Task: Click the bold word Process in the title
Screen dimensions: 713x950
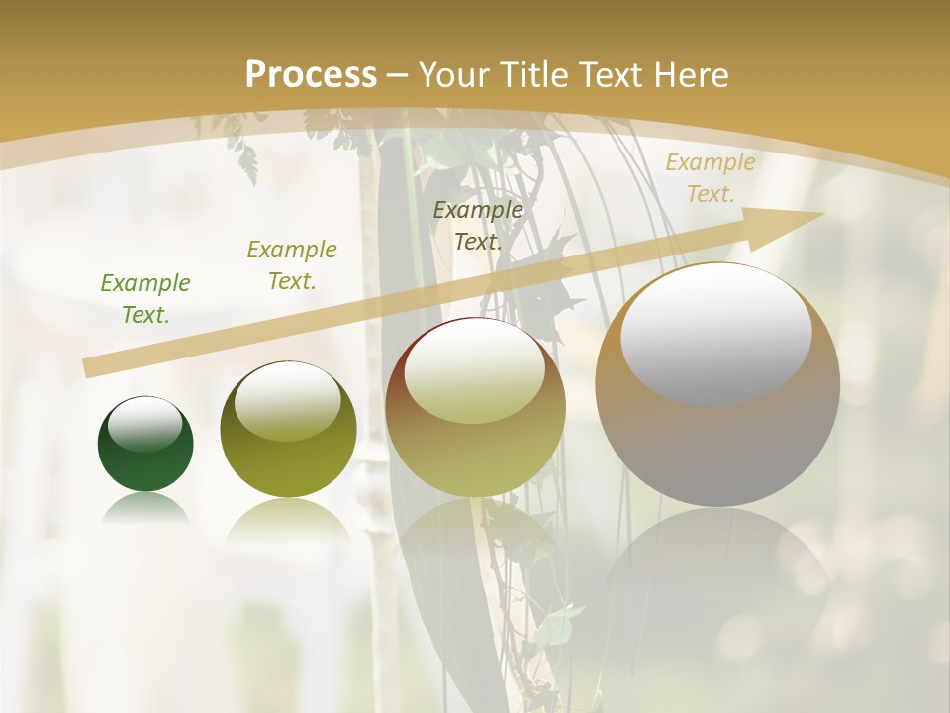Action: click(311, 75)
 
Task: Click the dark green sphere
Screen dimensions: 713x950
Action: click(145, 461)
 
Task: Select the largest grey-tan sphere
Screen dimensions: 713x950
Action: click(717, 446)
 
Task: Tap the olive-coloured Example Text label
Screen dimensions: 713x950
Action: click(292, 265)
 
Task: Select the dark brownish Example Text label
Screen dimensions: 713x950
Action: click(478, 226)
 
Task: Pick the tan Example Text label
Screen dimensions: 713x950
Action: click(710, 178)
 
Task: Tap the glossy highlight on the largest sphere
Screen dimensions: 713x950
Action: click(716, 333)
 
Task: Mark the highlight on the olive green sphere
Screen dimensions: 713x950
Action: click(288, 400)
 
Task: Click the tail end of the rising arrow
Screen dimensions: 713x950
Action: click(92, 367)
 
